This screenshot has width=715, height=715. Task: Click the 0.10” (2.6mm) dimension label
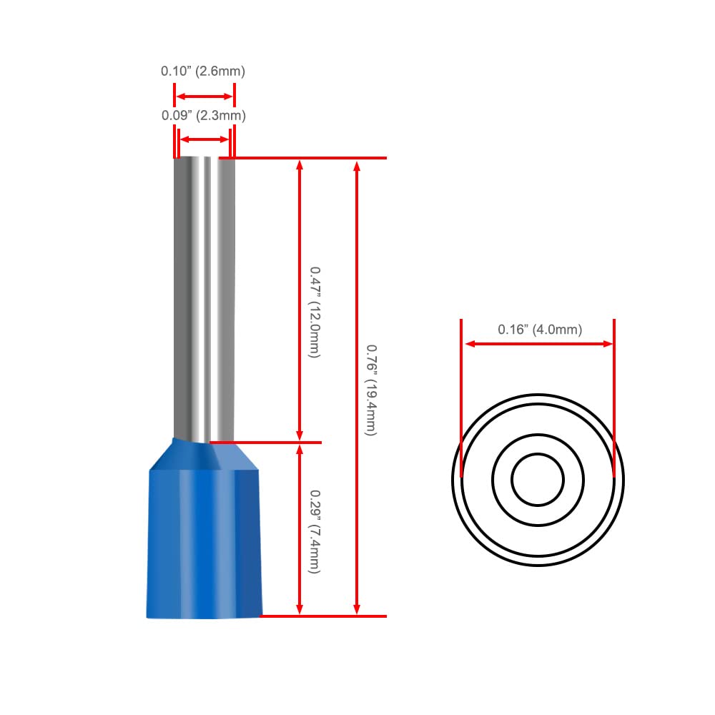pos(203,71)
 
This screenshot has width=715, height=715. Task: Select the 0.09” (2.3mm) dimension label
pos(203,115)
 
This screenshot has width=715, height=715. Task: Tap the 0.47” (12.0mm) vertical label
pos(315,312)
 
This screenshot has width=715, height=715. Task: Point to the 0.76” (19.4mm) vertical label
pos(372,390)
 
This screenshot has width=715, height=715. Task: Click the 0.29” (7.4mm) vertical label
pos(315,532)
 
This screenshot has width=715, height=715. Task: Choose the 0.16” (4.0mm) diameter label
pos(540,329)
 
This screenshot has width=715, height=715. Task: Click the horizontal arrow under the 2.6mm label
pos(204,97)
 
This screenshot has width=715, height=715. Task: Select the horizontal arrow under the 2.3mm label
pos(204,139)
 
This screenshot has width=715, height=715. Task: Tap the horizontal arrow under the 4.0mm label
pos(538,343)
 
